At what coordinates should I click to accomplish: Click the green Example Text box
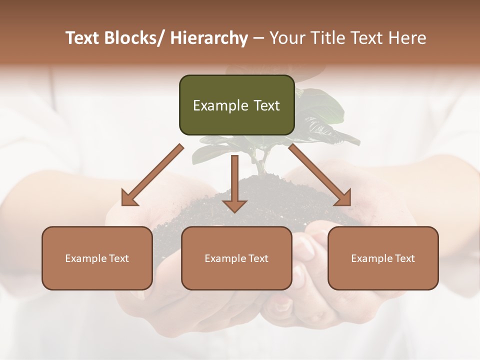(x=236, y=105)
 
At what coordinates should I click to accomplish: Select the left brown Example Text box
(x=97, y=258)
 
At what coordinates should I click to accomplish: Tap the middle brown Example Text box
(x=236, y=258)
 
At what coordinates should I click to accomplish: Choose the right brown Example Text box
(x=383, y=258)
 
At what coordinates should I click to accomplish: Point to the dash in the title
(x=258, y=38)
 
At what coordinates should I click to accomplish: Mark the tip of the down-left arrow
(x=123, y=204)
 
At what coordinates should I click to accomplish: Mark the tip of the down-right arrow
(x=350, y=204)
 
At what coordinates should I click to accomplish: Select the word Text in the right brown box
(x=404, y=258)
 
